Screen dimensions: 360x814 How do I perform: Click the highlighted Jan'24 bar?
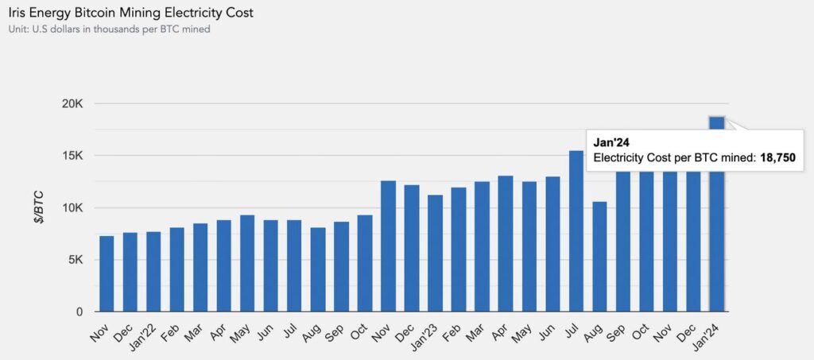[717, 215]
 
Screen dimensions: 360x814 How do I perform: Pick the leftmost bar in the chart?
[107, 274]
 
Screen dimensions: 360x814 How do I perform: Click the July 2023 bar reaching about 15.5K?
[576, 231]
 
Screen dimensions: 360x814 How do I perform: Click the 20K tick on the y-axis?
[72, 104]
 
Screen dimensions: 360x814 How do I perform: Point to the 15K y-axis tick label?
[72, 156]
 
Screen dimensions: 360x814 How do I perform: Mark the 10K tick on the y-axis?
[72, 208]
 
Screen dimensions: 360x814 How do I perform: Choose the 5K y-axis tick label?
[75, 260]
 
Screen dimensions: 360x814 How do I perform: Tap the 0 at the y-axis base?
[79, 312]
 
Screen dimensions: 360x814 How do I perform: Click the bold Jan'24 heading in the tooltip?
[612, 142]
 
